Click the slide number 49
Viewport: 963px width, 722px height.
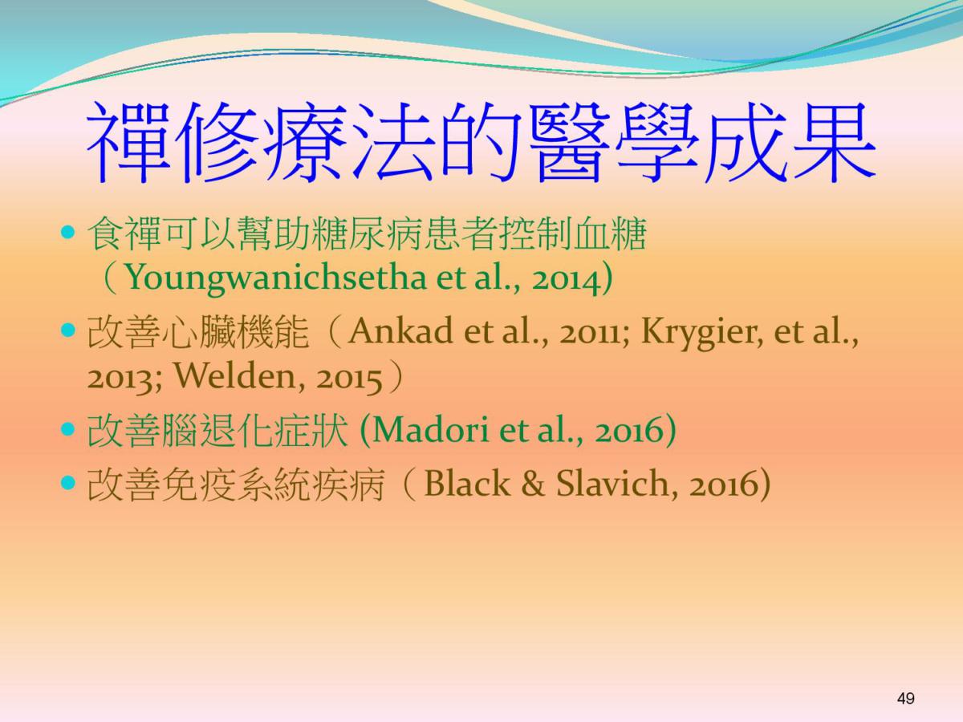[x=905, y=698]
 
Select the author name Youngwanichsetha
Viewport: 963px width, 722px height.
[x=275, y=278]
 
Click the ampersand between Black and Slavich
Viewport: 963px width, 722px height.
[x=533, y=484]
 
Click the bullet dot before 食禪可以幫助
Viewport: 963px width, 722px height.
[x=68, y=232]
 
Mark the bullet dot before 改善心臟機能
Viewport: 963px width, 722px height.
[x=68, y=330]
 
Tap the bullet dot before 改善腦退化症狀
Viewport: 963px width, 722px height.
[x=68, y=428]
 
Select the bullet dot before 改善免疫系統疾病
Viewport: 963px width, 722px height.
[x=68, y=483]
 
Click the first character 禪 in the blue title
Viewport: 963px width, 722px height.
[x=128, y=143]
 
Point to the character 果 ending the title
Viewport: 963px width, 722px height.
[x=833, y=143]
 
